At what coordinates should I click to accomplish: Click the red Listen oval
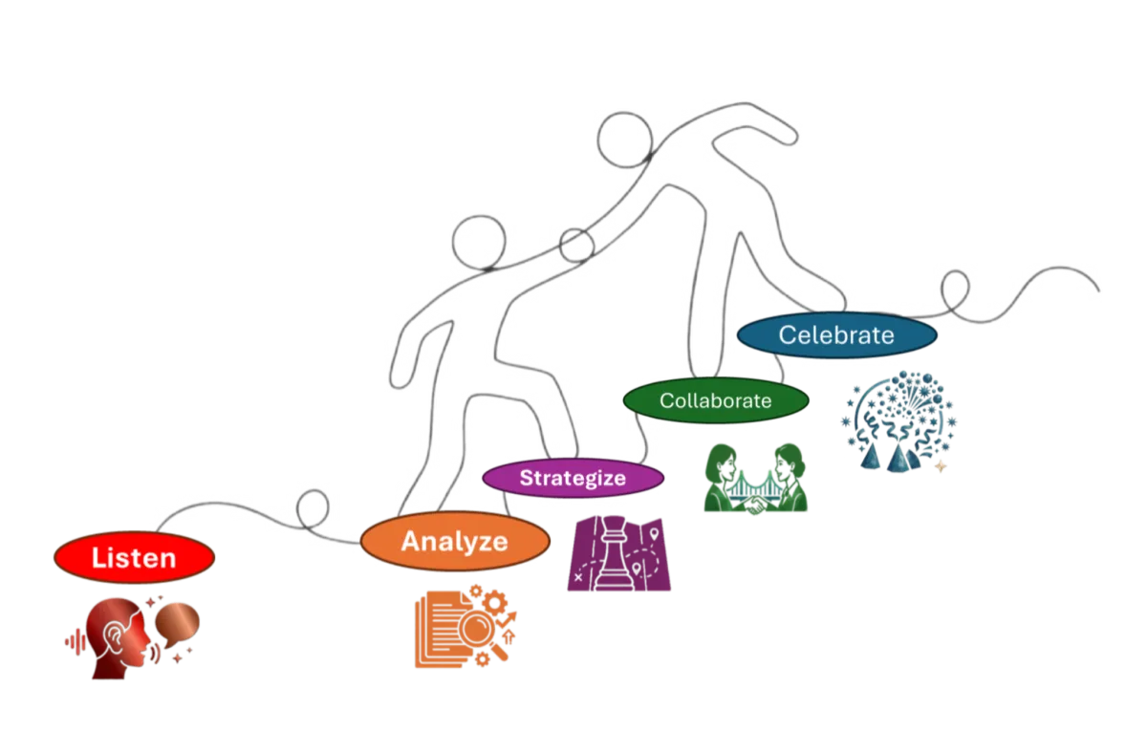coord(134,557)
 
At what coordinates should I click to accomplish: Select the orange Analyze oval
coord(455,542)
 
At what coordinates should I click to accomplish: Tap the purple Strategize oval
coord(573,477)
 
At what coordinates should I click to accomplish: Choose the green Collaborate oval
coord(716,400)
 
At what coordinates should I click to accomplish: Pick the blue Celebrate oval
coord(836,335)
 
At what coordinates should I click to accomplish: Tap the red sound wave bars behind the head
coord(74,641)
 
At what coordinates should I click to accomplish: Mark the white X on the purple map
coord(578,577)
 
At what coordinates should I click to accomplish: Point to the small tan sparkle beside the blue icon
coord(941,466)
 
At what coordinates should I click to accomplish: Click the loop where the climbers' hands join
coord(576,246)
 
